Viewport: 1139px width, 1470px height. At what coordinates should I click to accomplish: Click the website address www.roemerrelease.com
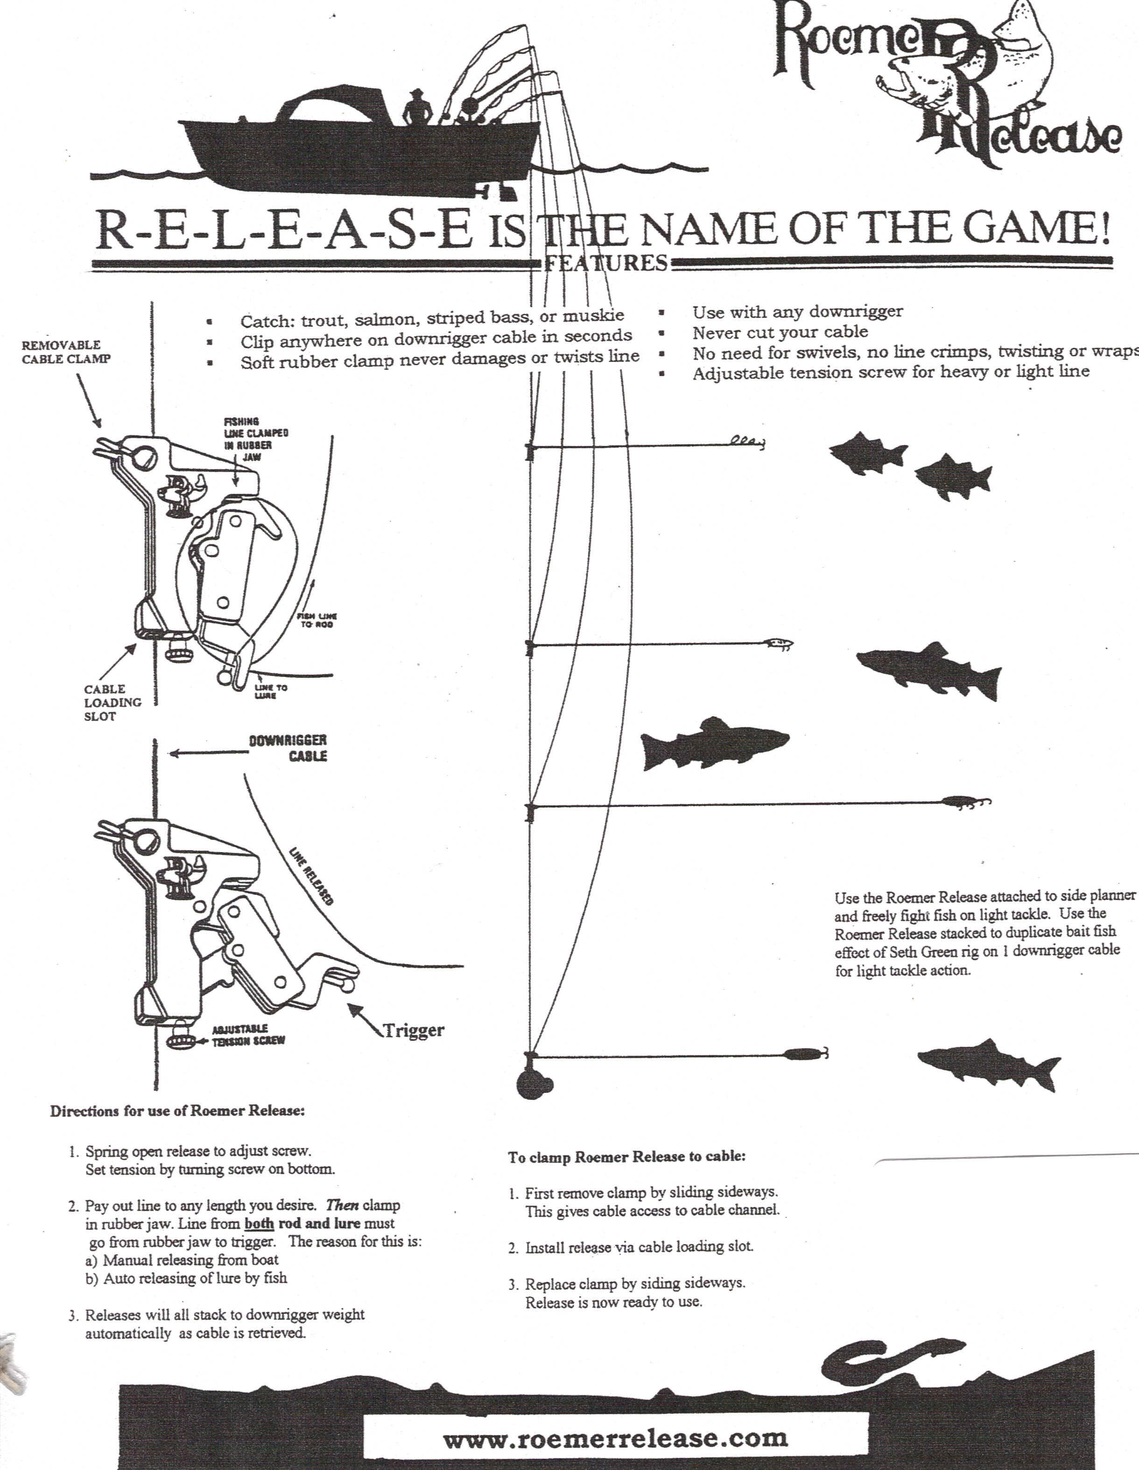tap(615, 1438)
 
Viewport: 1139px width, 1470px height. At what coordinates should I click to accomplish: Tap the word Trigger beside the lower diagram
tap(413, 1030)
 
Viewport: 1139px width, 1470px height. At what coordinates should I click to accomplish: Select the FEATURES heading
tap(605, 263)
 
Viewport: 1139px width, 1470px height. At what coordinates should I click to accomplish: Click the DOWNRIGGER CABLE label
tap(288, 748)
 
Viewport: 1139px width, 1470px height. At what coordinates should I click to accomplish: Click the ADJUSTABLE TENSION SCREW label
tap(248, 1035)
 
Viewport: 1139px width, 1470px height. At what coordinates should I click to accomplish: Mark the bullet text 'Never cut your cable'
tap(780, 332)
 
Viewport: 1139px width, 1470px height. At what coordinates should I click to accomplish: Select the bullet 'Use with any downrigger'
tap(797, 312)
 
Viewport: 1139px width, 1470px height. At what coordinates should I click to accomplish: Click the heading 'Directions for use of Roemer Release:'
tap(177, 1111)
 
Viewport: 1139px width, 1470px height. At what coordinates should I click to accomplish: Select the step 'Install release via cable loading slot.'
tap(639, 1247)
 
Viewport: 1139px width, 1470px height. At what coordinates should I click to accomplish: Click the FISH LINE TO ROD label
tap(316, 620)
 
